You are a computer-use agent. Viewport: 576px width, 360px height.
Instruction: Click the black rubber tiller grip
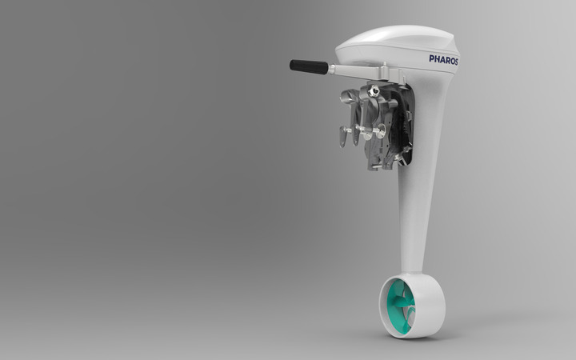[x=309, y=67]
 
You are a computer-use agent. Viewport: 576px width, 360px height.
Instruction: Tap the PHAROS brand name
[x=443, y=60]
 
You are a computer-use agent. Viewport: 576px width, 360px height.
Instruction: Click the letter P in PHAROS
[x=432, y=58]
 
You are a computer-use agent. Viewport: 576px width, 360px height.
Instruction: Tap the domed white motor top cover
[x=398, y=38]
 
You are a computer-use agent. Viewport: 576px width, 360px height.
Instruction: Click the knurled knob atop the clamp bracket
[x=374, y=90]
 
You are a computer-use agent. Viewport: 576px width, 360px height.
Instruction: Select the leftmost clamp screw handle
[x=343, y=136]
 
